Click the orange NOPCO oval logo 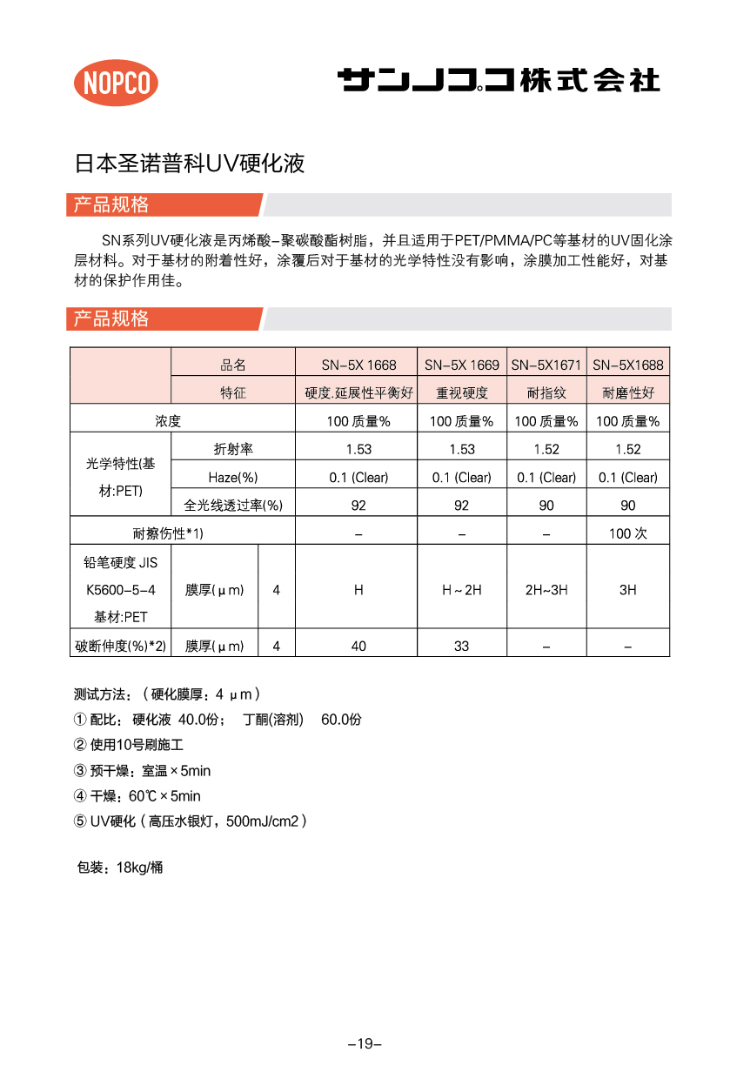(116, 83)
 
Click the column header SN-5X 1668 (357, 365)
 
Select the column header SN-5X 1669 (461, 365)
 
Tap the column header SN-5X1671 (546, 365)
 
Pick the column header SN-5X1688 (627, 365)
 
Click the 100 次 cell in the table (627, 533)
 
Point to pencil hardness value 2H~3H (546, 590)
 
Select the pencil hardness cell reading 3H (627, 590)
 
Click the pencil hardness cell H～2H (461, 590)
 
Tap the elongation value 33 (461, 646)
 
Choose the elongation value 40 (358, 646)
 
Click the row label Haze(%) (233, 478)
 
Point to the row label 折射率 (233, 449)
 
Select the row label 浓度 (168, 421)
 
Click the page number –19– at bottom (365, 1043)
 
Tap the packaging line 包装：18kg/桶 (120, 868)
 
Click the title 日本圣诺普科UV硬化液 (190, 164)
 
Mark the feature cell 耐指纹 (546, 393)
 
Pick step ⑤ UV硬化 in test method (191, 821)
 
